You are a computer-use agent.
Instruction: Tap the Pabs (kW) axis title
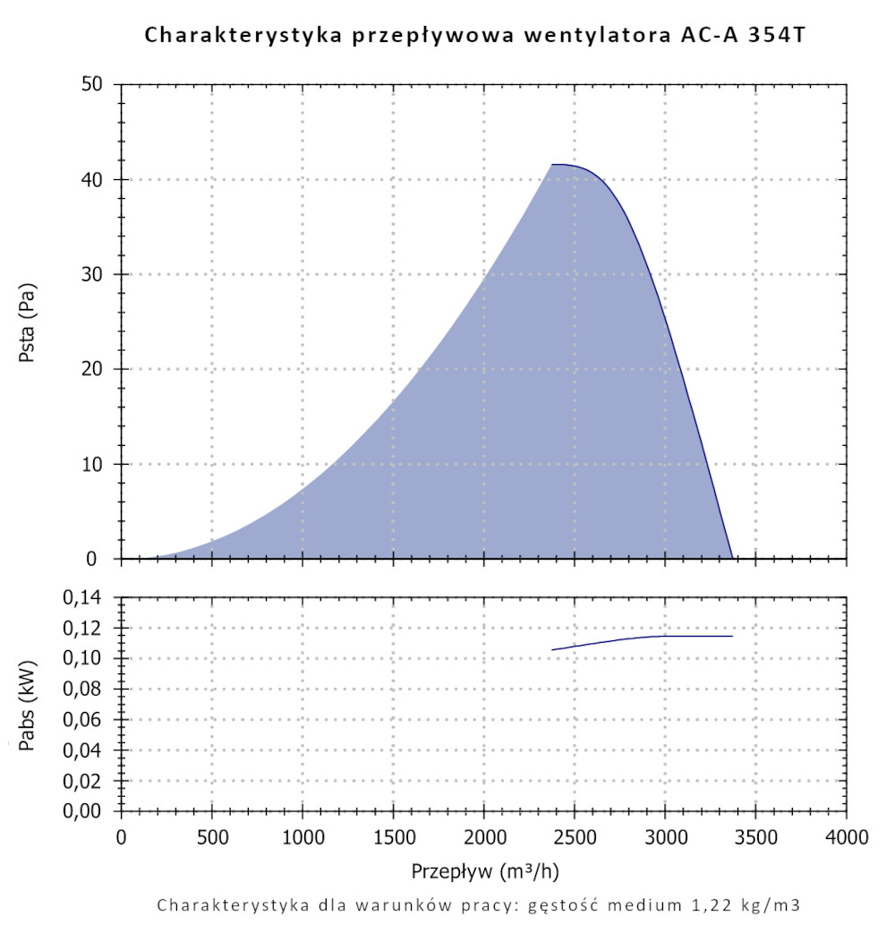point(28,703)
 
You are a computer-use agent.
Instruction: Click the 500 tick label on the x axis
point(211,838)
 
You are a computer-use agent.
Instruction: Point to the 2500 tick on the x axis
point(574,838)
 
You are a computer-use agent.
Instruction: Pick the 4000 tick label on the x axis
point(846,838)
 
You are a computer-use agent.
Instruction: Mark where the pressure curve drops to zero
point(732,557)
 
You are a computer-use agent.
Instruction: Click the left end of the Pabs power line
point(553,649)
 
